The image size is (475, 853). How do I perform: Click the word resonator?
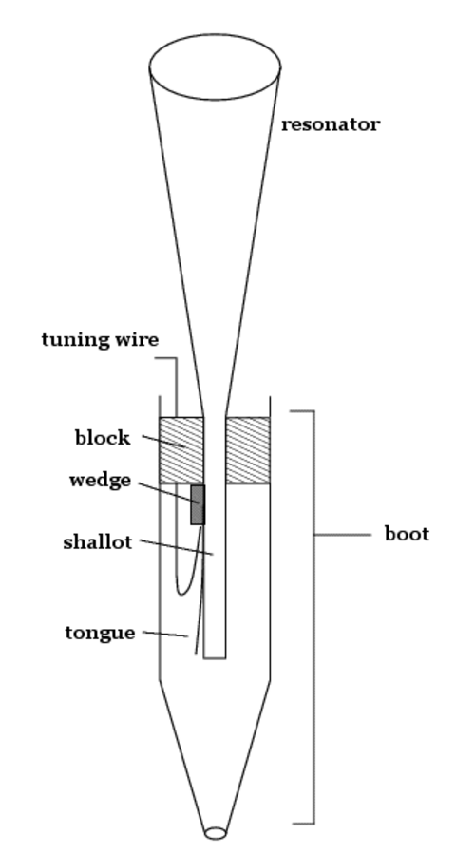click(331, 124)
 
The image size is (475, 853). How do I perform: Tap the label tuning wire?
click(100, 340)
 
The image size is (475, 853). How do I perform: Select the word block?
click(103, 438)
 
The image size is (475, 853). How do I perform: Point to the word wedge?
click(100, 481)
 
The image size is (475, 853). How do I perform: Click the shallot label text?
click(98, 542)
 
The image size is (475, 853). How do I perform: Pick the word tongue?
click(100, 634)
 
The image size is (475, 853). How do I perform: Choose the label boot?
click(407, 534)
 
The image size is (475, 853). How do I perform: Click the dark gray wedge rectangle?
click(198, 504)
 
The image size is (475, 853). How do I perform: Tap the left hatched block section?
click(181, 450)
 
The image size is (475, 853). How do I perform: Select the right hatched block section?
click(248, 450)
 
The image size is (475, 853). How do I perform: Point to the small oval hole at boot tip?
click(216, 833)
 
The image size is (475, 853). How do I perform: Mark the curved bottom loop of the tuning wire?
click(182, 594)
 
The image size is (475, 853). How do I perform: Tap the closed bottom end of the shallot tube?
click(215, 658)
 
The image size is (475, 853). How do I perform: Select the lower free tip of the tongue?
click(196, 654)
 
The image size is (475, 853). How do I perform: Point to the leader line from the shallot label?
click(177, 547)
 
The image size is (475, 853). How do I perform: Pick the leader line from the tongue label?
click(165, 634)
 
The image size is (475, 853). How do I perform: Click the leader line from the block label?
click(163, 441)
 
